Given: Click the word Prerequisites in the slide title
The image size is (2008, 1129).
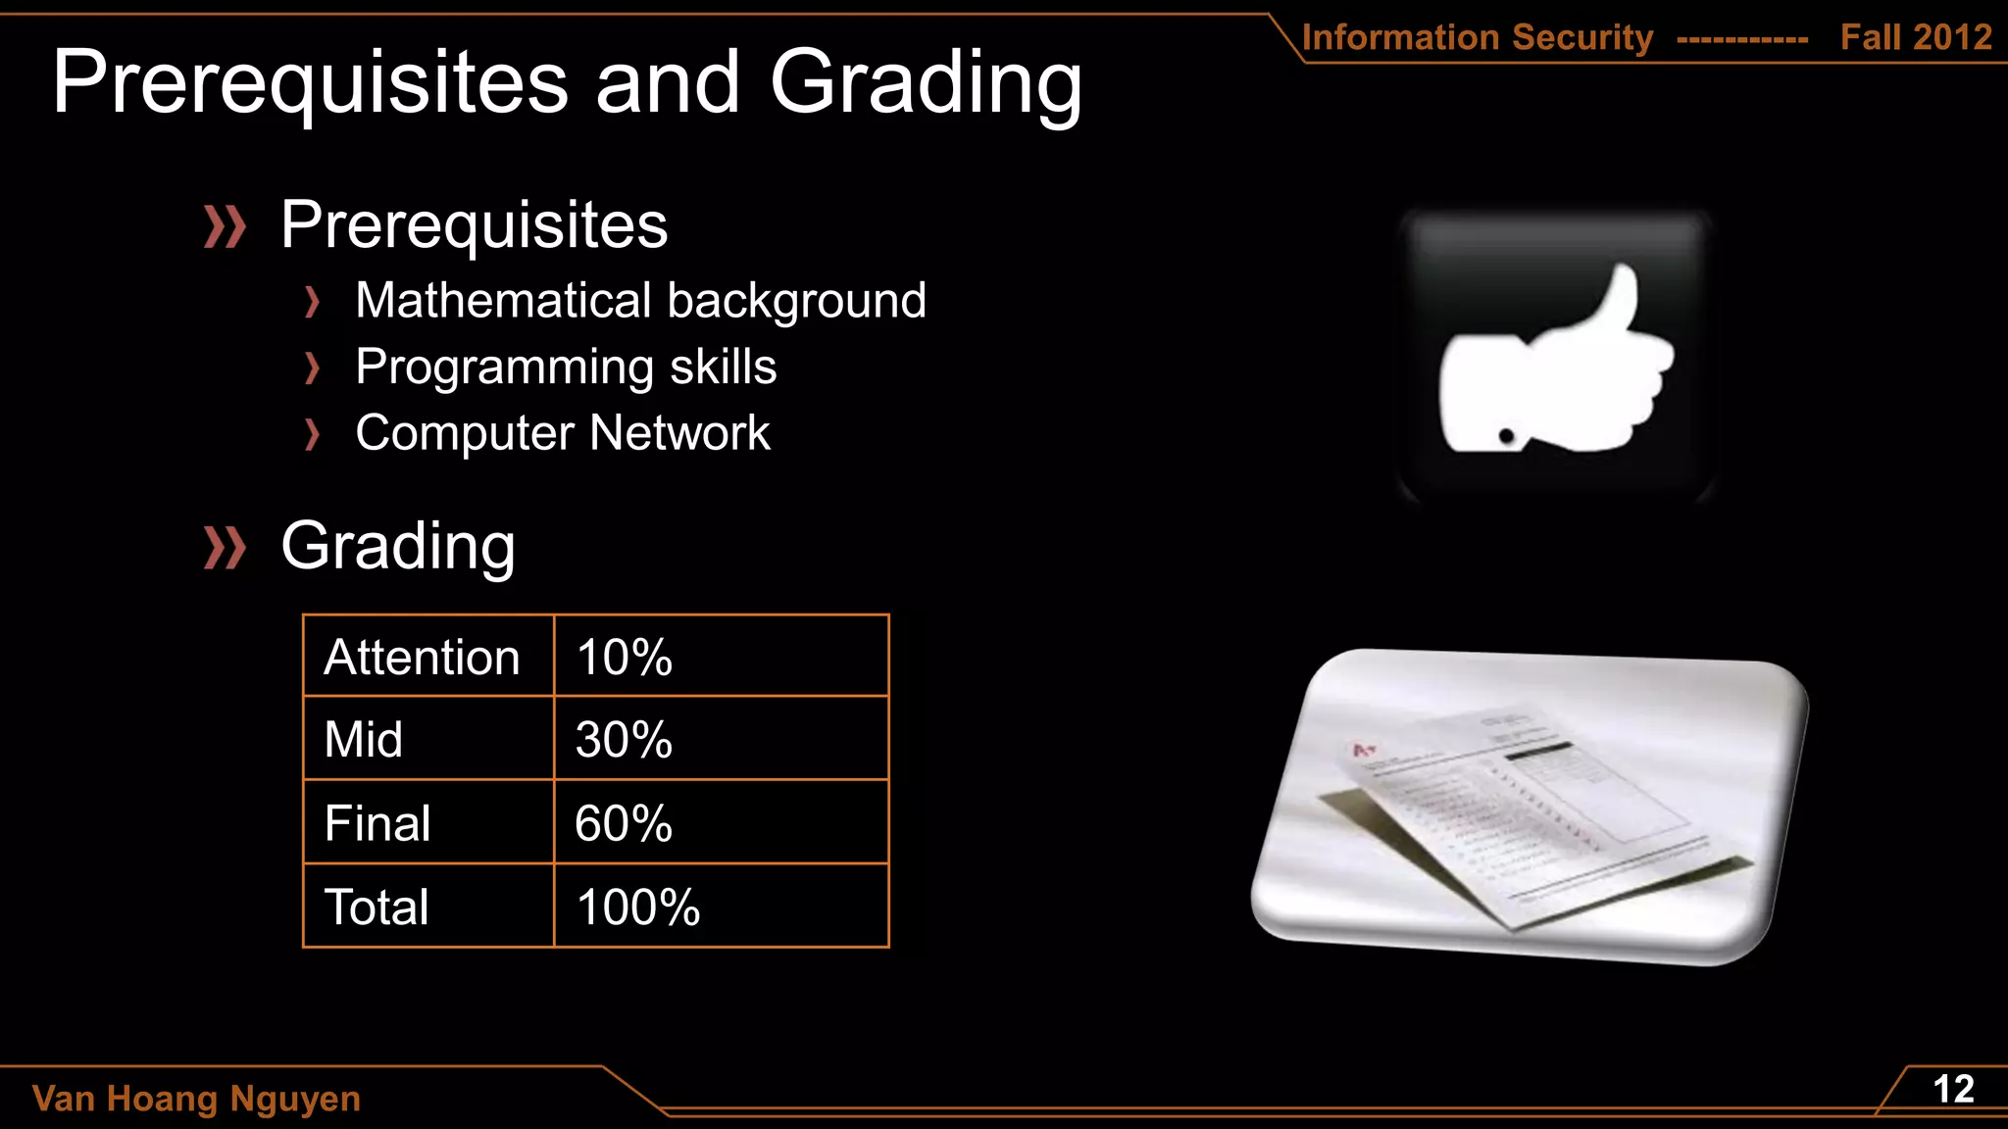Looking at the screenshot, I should tap(310, 83).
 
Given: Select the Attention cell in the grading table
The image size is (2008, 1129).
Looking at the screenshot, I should tap(422, 657).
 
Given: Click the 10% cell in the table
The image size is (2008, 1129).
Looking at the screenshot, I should tap(624, 657).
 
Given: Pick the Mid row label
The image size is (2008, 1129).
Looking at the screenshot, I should tap(363, 739).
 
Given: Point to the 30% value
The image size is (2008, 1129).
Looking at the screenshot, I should tap(624, 739).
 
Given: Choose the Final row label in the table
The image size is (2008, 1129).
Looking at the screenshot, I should tap(377, 823).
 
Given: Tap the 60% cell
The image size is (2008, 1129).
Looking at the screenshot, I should tap(624, 823).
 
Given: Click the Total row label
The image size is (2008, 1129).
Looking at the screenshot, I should tap(376, 907).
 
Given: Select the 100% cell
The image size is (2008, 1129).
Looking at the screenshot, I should tap(637, 907).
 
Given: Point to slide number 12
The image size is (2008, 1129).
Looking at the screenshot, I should tap(1952, 1090).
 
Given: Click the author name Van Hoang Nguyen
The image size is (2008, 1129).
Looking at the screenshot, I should tap(196, 1099).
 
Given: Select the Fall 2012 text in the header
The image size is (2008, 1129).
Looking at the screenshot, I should tap(1916, 37).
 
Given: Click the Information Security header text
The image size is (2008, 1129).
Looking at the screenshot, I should tap(1477, 37).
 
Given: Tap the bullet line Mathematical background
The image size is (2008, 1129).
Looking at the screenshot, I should tap(640, 300).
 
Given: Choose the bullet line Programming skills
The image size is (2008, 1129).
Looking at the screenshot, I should tap(566, 367).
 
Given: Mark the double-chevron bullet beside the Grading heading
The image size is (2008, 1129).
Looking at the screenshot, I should tap(225, 547).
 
